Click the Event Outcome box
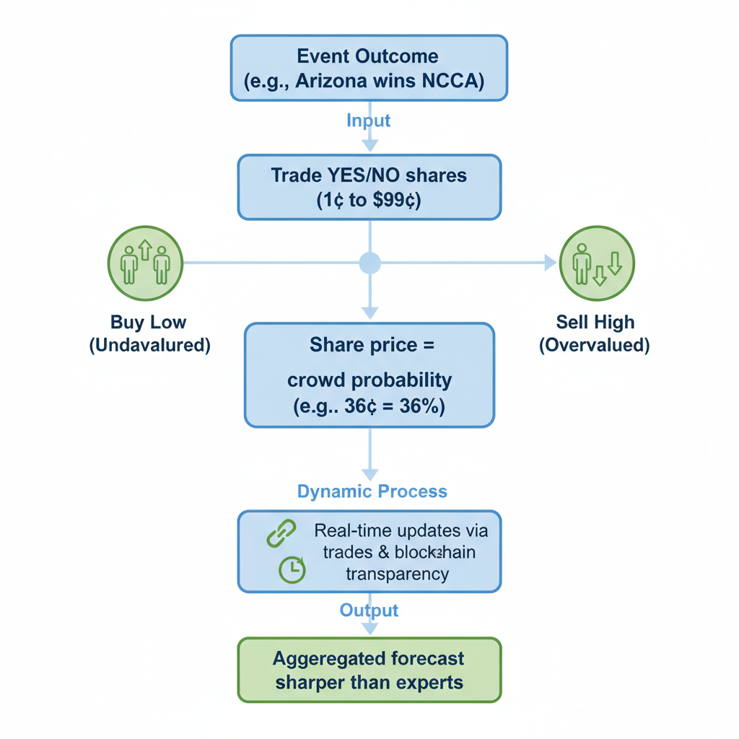[x=369, y=68]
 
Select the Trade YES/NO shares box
[x=369, y=187]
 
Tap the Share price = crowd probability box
[x=369, y=375]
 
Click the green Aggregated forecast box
[x=369, y=670]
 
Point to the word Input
[x=369, y=120]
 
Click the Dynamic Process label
[x=372, y=491]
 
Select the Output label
[x=369, y=611]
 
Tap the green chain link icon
[x=281, y=533]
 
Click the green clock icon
[x=292, y=569]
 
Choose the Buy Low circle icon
[x=145, y=263]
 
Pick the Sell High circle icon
[x=597, y=263]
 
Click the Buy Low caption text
[x=149, y=333]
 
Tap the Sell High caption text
[x=595, y=333]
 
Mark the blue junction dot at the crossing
[x=369, y=263]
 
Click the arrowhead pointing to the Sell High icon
[x=550, y=263]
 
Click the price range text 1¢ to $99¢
[x=369, y=201]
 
